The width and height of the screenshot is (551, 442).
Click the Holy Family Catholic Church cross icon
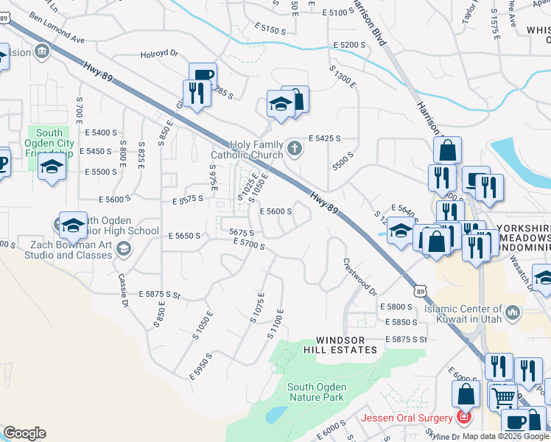click(x=295, y=149)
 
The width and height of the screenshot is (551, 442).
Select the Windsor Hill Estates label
click(x=346, y=345)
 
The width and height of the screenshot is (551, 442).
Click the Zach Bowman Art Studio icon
click(x=124, y=250)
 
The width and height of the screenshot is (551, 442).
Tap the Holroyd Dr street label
click(x=160, y=53)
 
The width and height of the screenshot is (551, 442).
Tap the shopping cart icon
click(x=503, y=397)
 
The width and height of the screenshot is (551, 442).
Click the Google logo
click(x=24, y=433)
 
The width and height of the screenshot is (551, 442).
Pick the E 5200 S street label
click(x=349, y=46)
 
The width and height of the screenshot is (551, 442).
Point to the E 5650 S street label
click(x=185, y=236)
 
